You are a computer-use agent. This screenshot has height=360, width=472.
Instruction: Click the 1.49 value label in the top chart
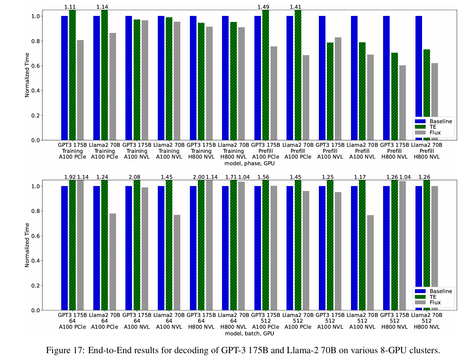(x=263, y=7)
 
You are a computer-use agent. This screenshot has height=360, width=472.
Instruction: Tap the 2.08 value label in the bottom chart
(x=134, y=177)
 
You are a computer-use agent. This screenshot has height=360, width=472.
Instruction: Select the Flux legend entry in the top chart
(x=435, y=133)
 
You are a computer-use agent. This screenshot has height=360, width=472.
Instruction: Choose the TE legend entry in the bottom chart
(x=433, y=297)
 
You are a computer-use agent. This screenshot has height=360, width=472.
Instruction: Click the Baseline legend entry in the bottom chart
(x=441, y=291)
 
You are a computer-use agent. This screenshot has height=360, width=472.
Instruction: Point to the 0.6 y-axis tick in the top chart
(x=36, y=66)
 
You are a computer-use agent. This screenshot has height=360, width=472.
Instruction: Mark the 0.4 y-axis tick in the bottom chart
(x=36, y=261)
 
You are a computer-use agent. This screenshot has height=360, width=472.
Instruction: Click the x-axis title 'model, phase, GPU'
(x=249, y=163)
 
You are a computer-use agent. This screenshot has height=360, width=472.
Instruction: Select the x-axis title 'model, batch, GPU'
(x=249, y=333)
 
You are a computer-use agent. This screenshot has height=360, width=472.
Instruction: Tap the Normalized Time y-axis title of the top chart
(x=27, y=75)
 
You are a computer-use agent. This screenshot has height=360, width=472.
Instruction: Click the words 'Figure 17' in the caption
(x=64, y=350)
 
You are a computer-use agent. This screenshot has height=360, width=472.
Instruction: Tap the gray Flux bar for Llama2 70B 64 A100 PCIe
(x=113, y=262)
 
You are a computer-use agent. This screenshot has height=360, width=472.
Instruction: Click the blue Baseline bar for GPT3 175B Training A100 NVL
(x=129, y=78)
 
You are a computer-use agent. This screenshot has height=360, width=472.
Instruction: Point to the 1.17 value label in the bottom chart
(x=360, y=177)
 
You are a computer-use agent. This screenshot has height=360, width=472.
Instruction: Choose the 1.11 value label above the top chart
(x=70, y=7)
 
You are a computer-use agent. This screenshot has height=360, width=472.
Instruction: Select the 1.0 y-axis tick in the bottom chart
(x=36, y=186)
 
